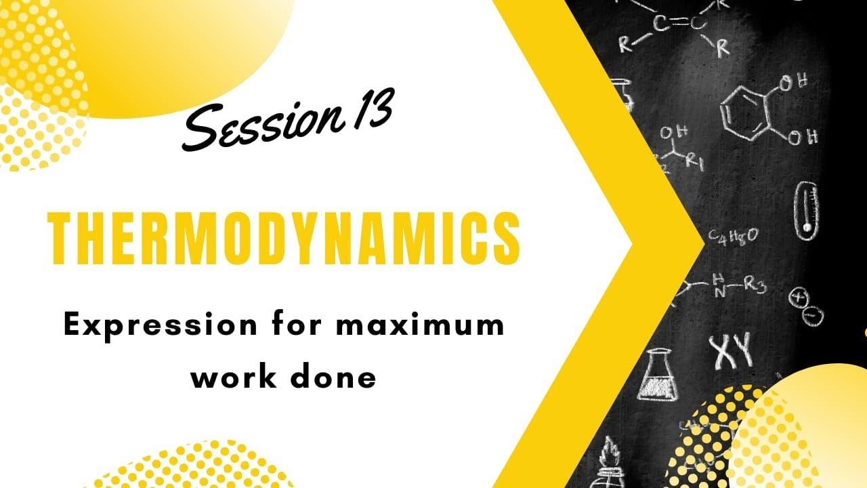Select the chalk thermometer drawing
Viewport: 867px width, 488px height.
tap(806, 210)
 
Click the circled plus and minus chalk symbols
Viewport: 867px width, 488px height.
tap(805, 304)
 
